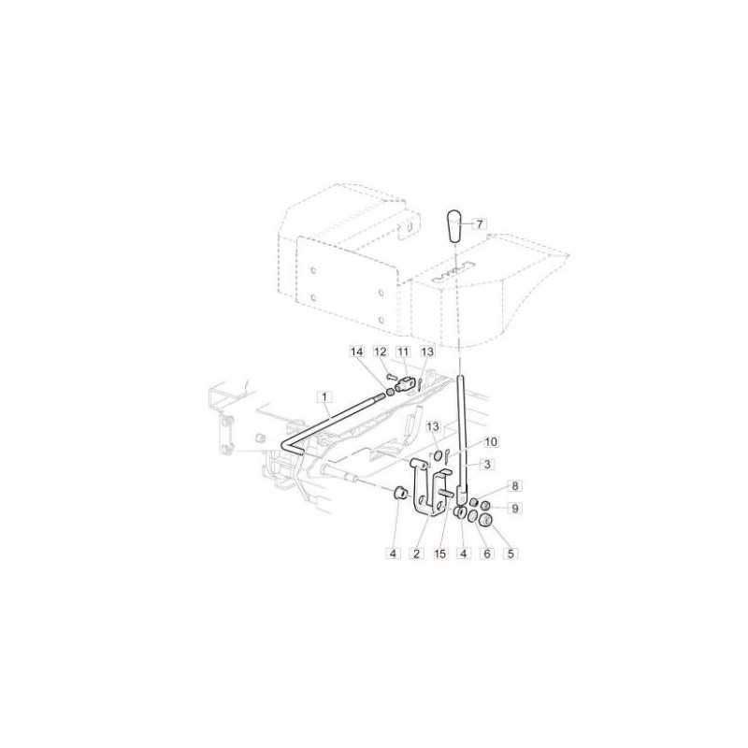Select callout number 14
click(355, 352)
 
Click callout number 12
click(381, 352)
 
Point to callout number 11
click(403, 352)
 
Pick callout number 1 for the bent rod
click(324, 398)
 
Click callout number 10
click(492, 440)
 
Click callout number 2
click(418, 554)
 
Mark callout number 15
click(439, 554)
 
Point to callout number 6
click(485, 554)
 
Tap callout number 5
click(510, 554)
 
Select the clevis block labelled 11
click(406, 383)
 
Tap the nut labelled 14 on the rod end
click(390, 391)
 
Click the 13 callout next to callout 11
click(427, 352)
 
